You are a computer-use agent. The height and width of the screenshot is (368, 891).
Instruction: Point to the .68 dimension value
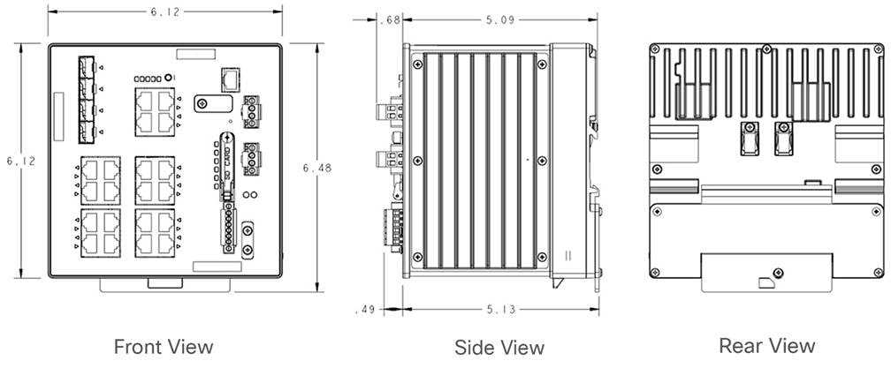tap(389, 19)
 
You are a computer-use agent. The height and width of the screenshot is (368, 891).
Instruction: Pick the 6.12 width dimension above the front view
tap(164, 11)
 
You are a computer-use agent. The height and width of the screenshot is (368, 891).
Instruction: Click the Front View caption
tap(164, 346)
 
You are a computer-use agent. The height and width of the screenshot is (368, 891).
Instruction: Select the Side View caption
tap(499, 347)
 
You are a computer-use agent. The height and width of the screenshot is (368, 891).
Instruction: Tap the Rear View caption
tap(766, 345)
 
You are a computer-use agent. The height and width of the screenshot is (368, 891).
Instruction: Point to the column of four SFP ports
tap(87, 99)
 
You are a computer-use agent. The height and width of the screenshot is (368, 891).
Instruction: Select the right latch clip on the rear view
tap(783, 139)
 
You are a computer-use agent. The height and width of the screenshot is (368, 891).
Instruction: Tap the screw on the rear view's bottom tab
tap(777, 272)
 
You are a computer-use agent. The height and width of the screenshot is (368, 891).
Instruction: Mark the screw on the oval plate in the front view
tap(203, 104)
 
